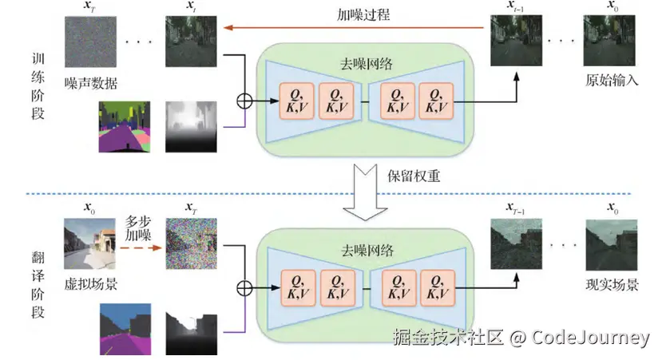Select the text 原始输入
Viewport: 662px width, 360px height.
tap(612, 81)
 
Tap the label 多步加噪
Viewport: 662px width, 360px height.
tap(142, 227)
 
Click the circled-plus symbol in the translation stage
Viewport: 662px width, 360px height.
tap(240, 287)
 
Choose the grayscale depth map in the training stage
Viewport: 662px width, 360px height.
tap(191, 126)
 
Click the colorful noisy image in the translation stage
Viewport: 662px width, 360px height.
tap(191, 243)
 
